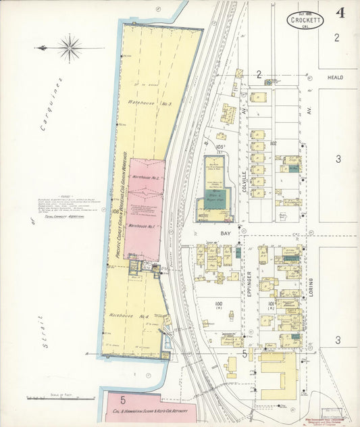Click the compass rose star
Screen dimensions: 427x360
click(x=70, y=48)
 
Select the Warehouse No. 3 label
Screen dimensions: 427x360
click(x=141, y=103)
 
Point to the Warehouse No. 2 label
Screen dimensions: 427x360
click(x=145, y=177)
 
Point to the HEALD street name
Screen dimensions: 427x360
click(x=335, y=78)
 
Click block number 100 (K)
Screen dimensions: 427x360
click(x=218, y=305)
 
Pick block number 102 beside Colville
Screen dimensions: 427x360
click(x=273, y=143)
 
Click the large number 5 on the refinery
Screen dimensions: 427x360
click(x=123, y=399)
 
